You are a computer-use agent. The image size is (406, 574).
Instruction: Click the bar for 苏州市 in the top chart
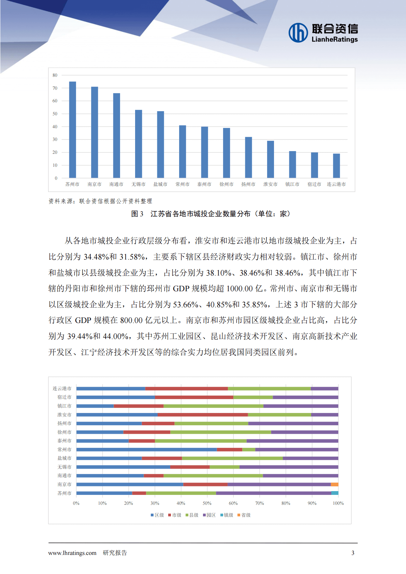pyautogui.click(x=72, y=130)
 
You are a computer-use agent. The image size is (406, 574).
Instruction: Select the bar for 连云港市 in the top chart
pyautogui.click(x=336, y=166)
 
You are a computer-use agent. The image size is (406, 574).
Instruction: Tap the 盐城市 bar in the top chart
pyautogui.click(x=160, y=145)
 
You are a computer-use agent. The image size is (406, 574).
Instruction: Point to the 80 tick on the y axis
pyautogui.click(x=55, y=75)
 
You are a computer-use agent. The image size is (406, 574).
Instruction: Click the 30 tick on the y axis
pyautogui.click(x=55, y=139)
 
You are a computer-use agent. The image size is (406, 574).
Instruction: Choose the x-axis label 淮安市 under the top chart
pyautogui.click(x=270, y=185)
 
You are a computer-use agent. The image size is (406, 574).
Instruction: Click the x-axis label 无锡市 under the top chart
pyautogui.click(x=139, y=185)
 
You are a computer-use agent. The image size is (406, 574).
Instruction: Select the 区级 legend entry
pyautogui.click(x=157, y=515)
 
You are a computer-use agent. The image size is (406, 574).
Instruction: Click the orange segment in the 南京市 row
pyautogui.click(x=334, y=485)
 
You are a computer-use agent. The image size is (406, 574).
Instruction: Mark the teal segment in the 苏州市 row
pyautogui.click(x=335, y=493)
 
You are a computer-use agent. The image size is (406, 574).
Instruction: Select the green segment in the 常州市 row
pyautogui.click(x=249, y=450)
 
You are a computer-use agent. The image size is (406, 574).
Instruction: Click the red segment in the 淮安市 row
pyautogui.click(x=203, y=415)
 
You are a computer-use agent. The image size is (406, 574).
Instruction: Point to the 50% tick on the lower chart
pyautogui.click(x=207, y=503)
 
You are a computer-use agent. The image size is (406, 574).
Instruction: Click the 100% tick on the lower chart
pyautogui.click(x=338, y=503)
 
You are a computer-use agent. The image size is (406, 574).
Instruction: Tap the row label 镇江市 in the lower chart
pyautogui.click(x=64, y=406)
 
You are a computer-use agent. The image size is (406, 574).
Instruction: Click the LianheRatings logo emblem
pyautogui.click(x=298, y=33)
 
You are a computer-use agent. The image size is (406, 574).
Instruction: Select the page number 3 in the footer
pyautogui.click(x=353, y=553)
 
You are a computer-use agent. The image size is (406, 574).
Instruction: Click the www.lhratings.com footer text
pyautogui.click(x=72, y=553)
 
